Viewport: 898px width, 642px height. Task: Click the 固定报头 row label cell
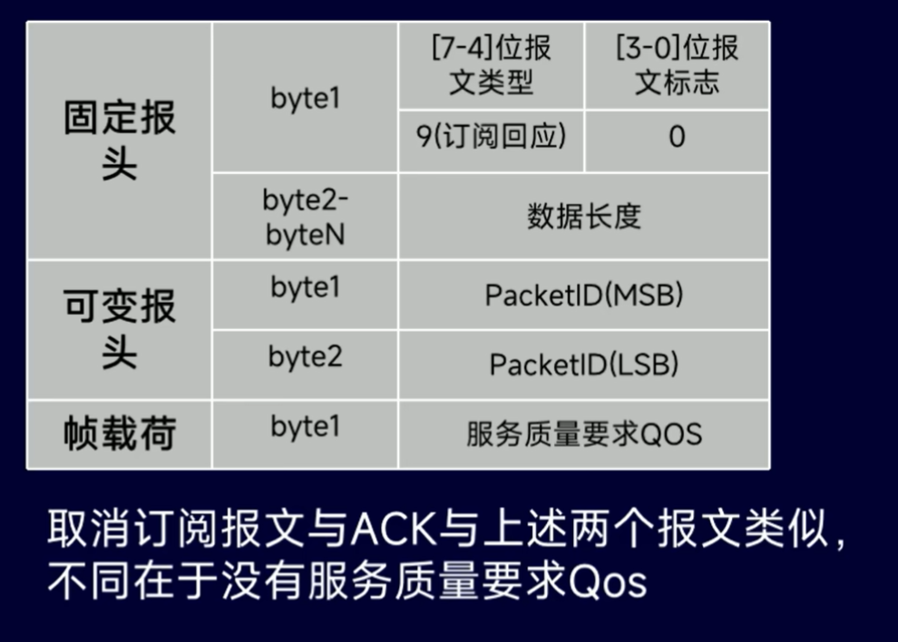click(120, 141)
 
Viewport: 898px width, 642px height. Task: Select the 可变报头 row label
click(120, 329)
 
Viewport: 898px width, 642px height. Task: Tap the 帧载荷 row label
click(120, 434)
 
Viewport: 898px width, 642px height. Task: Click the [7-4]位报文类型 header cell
click(491, 65)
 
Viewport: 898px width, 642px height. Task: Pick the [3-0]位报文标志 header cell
click(677, 65)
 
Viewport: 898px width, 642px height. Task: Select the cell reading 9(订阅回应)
click(491, 137)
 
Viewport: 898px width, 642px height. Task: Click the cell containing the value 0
click(677, 138)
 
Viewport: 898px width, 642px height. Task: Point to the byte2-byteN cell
click(305, 217)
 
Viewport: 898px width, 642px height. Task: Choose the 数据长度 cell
click(583, 216)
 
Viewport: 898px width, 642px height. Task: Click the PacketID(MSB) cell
click(583, 296)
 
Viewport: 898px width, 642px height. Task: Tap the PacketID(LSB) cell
click(583, 365)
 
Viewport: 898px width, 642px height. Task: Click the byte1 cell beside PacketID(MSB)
click(305, 287)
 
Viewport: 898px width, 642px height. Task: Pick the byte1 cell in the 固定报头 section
click(305, 98)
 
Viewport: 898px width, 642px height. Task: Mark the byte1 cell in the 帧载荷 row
click(305, 426)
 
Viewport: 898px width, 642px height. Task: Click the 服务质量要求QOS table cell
click(583, 434)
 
